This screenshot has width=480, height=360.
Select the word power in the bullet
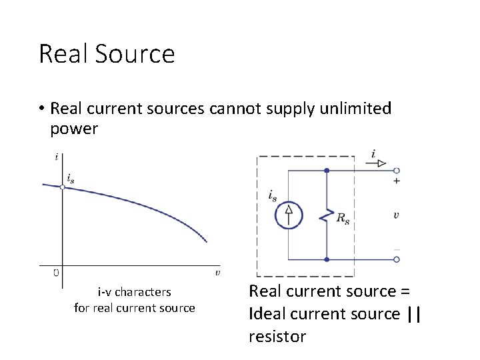coord(74,129)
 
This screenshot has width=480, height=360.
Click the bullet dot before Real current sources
coord(41,109)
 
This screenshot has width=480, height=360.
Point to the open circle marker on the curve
coord(62,187)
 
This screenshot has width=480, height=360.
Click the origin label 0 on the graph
coord(56,273)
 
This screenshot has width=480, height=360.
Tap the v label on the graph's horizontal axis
coord(218,272)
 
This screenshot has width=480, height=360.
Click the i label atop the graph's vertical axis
coord(57,157)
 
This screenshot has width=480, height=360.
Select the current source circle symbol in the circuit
coord(289,214)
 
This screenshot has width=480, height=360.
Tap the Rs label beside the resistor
coord(342,219)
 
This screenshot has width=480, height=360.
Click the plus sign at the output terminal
coord(397,181)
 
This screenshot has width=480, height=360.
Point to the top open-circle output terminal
coord(397,170)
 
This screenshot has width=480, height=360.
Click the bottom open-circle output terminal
coord(397,259)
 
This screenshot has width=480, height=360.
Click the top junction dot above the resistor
coord(326,170)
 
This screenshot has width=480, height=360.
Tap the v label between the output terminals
coord(396,215)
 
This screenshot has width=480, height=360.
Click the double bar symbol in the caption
coord(413,314)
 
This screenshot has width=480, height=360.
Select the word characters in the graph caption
coord(143,292)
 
